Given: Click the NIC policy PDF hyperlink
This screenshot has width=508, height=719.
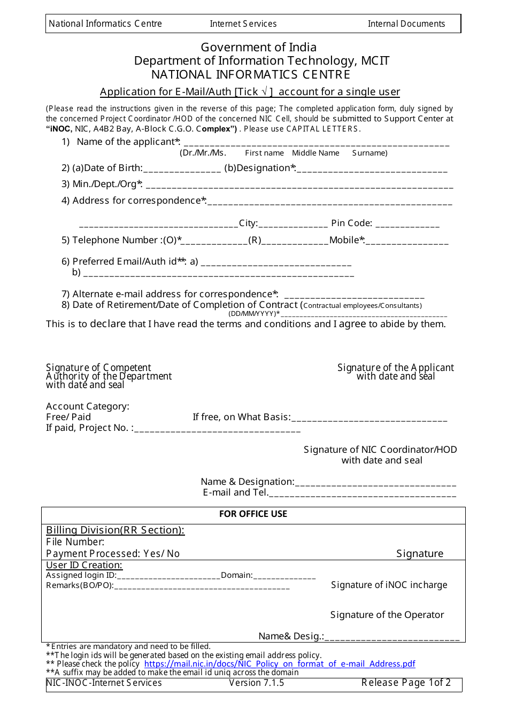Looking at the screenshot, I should coord(279,663).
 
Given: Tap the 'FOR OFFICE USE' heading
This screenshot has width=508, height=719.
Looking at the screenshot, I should coord(253,514).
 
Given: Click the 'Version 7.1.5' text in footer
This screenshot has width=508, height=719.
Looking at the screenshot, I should coord(256,683).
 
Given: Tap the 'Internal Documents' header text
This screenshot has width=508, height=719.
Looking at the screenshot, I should coord(406,24).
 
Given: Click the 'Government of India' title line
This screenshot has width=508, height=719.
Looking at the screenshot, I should coord(258,47).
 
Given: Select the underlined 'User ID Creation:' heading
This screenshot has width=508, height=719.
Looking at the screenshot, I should coord(84,565).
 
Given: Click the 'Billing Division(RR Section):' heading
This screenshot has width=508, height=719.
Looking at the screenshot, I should coord(115,530).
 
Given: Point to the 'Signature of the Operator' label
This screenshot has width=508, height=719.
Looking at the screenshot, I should coord(387,615).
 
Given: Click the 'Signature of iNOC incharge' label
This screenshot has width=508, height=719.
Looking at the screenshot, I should coord(389,585).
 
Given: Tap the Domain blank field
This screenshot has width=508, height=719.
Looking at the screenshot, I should coord(284,576).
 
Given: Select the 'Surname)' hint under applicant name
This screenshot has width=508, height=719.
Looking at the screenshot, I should coord(370,153).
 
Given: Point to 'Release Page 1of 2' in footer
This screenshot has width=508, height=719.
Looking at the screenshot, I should coord(406,683).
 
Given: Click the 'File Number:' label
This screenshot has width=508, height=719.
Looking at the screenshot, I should coord(75,542).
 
